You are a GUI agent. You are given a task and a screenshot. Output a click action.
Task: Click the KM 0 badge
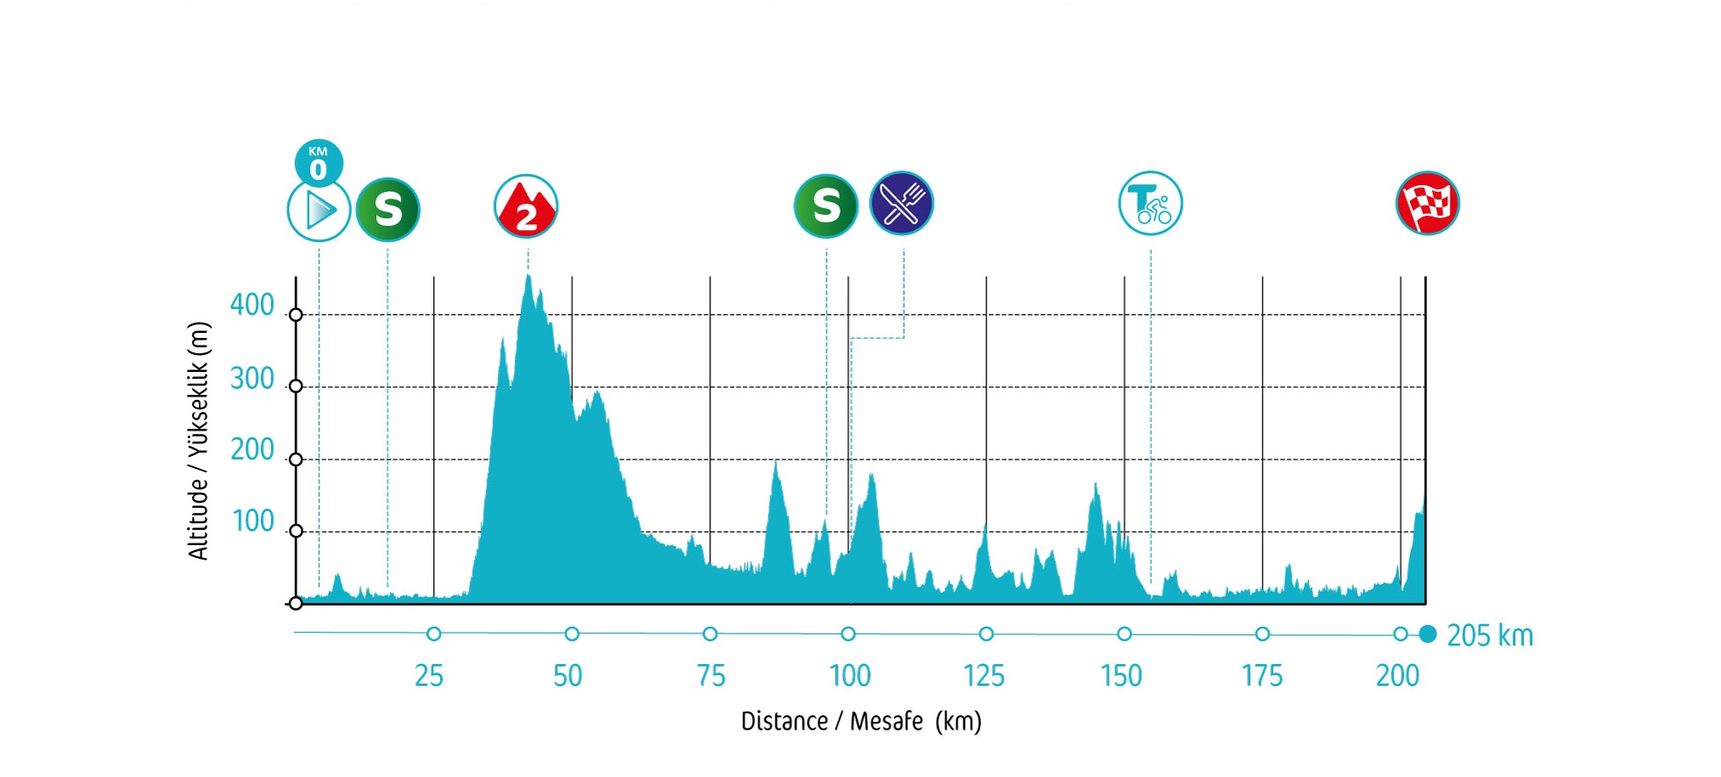click(319, 162)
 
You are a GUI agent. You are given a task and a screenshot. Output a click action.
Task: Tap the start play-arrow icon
click(319, 211)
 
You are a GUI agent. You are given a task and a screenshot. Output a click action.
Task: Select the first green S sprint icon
click(387, 209)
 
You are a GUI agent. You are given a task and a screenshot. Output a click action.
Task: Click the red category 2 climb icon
click(526, 206)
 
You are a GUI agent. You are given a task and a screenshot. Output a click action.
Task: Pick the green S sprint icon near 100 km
click(826, 206)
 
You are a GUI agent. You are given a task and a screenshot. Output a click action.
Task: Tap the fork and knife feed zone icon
click(901, 204)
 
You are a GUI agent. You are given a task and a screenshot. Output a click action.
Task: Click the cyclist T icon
click(1150, 204)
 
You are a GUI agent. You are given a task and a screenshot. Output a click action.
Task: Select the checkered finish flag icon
click(1427, 204)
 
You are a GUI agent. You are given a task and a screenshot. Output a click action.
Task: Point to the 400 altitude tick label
click(252, 305)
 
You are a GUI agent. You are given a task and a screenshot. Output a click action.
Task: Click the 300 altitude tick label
click(252, 379)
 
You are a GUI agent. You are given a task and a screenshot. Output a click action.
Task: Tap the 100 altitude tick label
click(253, 521)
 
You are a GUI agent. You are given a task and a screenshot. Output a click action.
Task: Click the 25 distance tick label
click(429, 676)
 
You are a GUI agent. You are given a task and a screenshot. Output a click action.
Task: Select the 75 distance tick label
click(711, 676)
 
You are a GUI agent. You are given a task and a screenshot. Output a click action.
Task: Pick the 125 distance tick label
click(984, 676)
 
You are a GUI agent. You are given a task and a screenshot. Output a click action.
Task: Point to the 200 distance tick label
click(1397, 676)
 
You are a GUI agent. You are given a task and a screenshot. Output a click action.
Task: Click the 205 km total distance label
click(1490, 635)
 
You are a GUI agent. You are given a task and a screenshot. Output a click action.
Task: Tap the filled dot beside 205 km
click(1428, 634)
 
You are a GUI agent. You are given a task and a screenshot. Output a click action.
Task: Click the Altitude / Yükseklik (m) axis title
click(198, 441)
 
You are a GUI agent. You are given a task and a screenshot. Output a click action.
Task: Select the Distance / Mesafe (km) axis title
click(860, 721)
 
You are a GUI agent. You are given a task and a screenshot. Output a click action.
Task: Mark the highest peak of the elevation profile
click(528, 276)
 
